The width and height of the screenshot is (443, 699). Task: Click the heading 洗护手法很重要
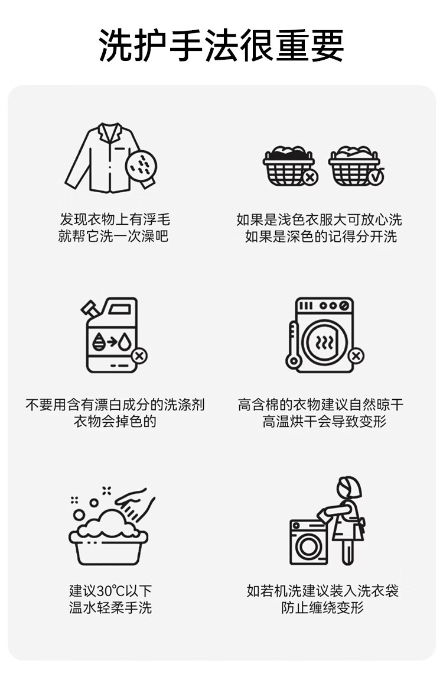click(x=221, y=46)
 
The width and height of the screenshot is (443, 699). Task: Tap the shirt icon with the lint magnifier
click(x=111, y=158)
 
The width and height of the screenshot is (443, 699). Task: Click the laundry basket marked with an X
click(x=290, y=166)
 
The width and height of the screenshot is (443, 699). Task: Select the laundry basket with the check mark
click(x=356, y=166)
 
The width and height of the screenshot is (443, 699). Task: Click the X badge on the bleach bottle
click(x=139, y=356)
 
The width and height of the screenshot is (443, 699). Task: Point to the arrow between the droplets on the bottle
click(x=112, y=341)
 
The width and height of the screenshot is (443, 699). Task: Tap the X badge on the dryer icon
click(x=356, y=356)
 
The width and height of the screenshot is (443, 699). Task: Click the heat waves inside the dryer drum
click(x=324, y=342)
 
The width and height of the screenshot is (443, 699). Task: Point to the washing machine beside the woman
click(x=309, y=542)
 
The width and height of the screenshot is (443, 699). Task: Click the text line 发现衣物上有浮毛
click(x=115, y=219)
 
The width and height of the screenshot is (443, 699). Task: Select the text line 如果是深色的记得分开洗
click(x=321, y=237)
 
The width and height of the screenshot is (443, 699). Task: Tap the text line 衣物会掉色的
click(x=115, y=421)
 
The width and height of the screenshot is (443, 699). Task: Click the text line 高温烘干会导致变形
click(x=324, y=421)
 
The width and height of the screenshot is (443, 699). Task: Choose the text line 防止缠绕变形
click(x=323, y=607)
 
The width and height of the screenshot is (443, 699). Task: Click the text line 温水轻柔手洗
click(x=110, y=607)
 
